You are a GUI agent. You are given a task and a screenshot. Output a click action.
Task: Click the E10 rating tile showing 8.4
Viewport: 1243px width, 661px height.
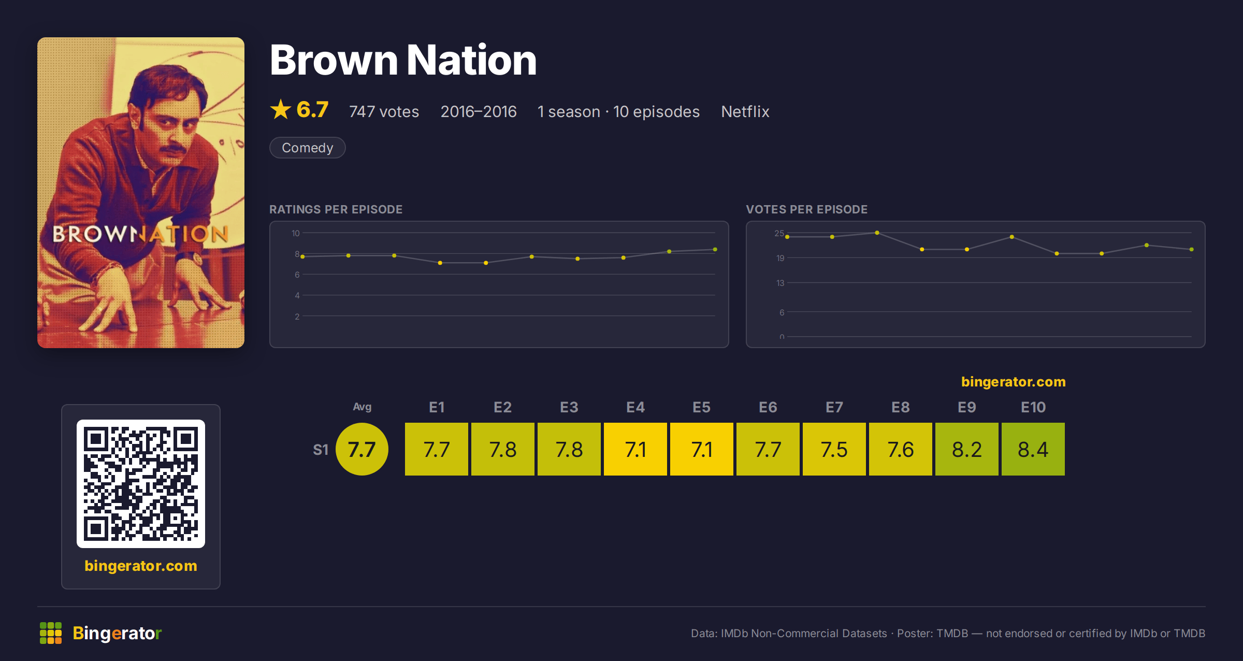(1033, 449)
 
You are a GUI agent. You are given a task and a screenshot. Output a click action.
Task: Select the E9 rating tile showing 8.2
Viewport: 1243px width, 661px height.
(967, 449)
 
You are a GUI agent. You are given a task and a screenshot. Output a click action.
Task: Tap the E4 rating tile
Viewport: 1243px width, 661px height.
(635, 449)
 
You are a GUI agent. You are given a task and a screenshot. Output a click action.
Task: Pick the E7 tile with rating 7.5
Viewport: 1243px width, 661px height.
(834, 449)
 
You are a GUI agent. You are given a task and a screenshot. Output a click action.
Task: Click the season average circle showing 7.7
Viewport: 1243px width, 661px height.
(362, 449)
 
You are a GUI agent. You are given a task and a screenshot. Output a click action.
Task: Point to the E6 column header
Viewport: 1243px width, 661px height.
(768, 407)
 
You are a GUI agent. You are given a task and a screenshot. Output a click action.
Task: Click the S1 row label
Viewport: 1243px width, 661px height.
(321, 450)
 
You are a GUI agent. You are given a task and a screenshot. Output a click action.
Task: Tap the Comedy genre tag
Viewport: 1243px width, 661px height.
(308, 148)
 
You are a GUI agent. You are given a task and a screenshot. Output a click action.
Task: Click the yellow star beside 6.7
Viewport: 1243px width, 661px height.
(281, 109)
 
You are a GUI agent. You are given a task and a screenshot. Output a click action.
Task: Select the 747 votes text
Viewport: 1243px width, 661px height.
(384, 111)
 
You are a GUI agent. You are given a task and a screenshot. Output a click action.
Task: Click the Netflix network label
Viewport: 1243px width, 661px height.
(745, 111)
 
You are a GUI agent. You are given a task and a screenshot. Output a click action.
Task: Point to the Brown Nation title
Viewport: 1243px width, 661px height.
(403, 60)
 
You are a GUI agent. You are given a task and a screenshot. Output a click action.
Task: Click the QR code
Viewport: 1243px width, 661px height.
(141, 484)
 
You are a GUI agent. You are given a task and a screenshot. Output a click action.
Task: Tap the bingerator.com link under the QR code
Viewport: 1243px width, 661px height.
(141, 566)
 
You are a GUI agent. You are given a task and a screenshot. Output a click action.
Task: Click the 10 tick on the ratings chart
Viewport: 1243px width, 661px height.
(296, 233)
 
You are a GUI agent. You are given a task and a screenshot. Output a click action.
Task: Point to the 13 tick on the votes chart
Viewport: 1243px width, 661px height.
(781, 283)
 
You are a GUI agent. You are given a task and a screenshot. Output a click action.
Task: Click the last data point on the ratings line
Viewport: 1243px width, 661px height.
(715, 250)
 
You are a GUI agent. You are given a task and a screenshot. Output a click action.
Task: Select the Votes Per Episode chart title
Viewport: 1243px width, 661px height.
(807, 209)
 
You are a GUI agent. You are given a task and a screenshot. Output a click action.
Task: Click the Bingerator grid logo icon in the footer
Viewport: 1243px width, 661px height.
(51, 633)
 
